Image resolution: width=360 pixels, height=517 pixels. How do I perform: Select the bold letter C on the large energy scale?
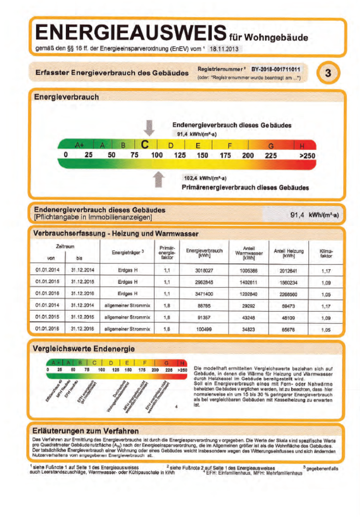144,145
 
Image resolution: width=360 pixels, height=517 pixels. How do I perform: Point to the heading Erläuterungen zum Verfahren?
86,431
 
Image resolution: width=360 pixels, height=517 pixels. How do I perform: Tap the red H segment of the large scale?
303,145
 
